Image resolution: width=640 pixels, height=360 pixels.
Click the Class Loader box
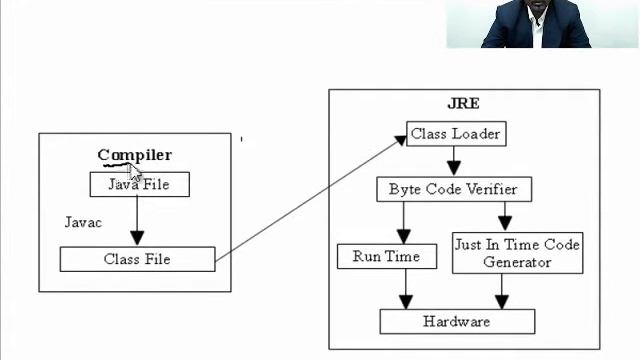pos(454,133)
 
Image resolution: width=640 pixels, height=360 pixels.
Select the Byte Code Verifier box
pos(453,189)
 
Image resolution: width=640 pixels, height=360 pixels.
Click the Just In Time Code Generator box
pos(516,253)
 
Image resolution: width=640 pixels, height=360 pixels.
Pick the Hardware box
pos(456,321)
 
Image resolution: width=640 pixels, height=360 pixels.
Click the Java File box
pos(139,184)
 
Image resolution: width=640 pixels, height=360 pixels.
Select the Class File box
pos(137,259)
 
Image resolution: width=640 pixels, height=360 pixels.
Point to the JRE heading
pos(463,103)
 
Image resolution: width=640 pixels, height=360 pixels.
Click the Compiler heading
pos(134,155)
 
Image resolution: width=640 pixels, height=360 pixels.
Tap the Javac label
pos(83,222)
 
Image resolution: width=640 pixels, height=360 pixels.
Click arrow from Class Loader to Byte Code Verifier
pos(453,160)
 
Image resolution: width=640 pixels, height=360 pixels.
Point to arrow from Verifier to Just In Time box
pos(504,216)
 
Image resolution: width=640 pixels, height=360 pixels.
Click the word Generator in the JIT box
pos(516,262)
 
